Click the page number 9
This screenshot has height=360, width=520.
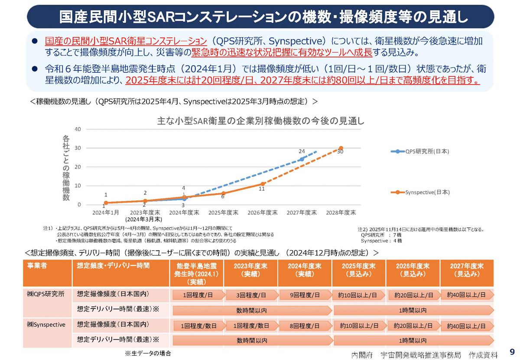(512, 351)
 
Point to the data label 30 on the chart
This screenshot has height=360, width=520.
(340, 152)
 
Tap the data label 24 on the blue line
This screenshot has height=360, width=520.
(302, 151)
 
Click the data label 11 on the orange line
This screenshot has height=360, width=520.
(262, 189)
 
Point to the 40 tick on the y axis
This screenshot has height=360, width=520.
(78, 129)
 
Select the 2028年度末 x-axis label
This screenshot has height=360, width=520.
(341, 213)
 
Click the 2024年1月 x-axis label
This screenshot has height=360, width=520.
(106, 213)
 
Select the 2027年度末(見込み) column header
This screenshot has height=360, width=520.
(466, 270)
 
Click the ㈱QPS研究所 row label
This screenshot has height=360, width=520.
(45, 294)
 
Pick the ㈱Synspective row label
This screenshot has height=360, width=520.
(46, 324)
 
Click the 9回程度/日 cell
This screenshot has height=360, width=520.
(305, 295)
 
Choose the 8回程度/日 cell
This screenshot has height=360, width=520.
(305, 326)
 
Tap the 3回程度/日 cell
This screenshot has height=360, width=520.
(251, 295)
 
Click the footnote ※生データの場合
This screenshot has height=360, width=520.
(148, 353)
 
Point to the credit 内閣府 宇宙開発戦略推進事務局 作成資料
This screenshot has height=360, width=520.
(425, 354)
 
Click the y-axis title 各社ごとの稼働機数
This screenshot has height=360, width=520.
(66, 168)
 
